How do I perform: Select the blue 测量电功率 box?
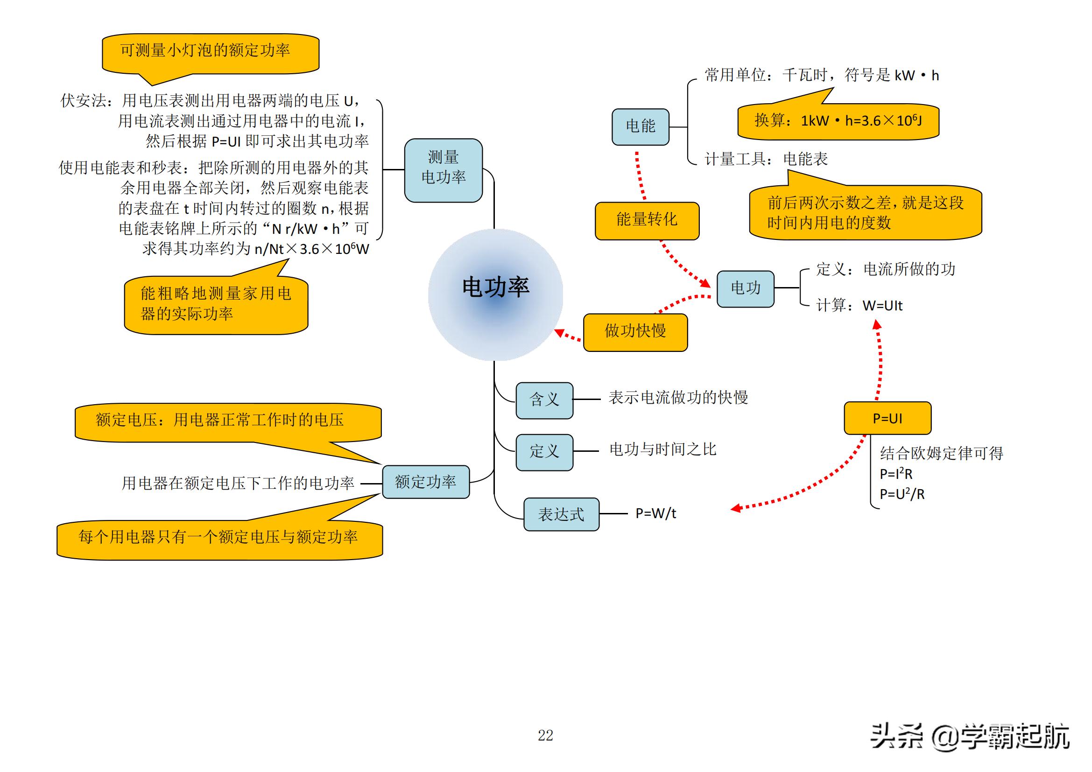tap(443, 170)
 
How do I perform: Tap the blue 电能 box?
tap(640, 127)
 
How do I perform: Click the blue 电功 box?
tap(745, 288)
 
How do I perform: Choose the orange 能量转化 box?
tap(647, 221)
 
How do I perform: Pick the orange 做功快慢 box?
tap(635, 332)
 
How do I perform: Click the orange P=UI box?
tap(888, 418)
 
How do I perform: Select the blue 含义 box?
tap(544, 400)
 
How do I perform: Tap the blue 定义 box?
tap(544, 452)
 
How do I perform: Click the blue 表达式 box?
tap(561, 514)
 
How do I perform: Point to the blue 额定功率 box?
tap(426, 482)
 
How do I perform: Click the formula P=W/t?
tap(656, 513)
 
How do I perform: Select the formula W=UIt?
tap(882, 306)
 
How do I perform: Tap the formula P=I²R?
tap(896, 474)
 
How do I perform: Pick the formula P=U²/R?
tap(902, 494)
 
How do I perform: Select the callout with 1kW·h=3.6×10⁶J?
tap(838, 121)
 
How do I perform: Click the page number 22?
tap(545, 736)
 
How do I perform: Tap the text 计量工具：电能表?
tap(766, 159)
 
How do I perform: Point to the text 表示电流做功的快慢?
tap(678, 398)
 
